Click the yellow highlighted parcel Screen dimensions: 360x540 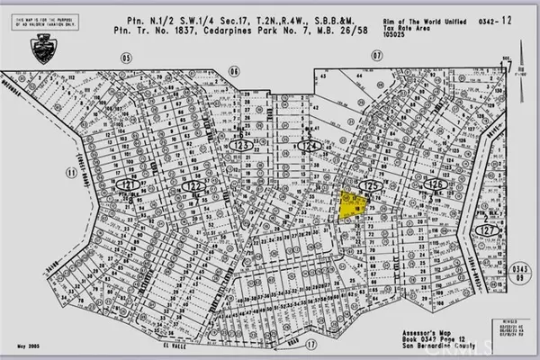pyautogui.click(x=350, y=204)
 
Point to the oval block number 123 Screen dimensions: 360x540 pyautogui.click(x=240, y=144)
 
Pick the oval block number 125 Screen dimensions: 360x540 pyautogui.click(x=369, y=184)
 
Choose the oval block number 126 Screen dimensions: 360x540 pyautogui.click(x=436, y=184)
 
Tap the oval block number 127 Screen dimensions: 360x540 pyautogui.click(x=489, y=229)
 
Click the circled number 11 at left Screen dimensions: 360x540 pyautogui.click(x=73, y=168)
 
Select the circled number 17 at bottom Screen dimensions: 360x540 pyautogui.click(x=311, y=344)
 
